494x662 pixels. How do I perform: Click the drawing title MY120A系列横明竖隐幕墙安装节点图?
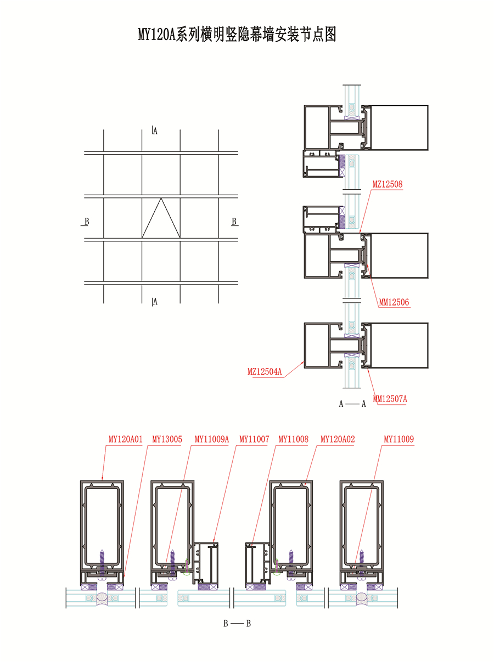pyautogui.click(x=237, y=34)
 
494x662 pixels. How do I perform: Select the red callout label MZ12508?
pyautogui.click(x=387, y=184)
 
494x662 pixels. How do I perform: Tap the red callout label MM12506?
pyautogui.click(x=394, y=302)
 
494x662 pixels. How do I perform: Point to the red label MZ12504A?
pyautogui.click(x=265, y=371)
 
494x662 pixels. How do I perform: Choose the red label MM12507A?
pyautogui.click(x=390, y=399)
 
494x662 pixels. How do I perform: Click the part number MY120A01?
pyautogui.click(x=125, y=439)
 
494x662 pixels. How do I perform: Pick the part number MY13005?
pyautogui.click(x=167, y=439)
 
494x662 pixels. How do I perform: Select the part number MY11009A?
pyautogui.click(x=211, y=439)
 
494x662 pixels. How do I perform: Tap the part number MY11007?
pyautogui.click(x=254, y=439)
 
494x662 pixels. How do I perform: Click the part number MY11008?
pyautogui.click(x=293, y=439)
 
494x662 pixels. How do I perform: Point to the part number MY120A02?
pyautogui.click(x=338, y=439)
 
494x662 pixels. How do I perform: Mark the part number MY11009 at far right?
pyautogui.click(x=398, y=439)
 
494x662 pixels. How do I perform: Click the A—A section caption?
pyautogui.click(x=352, y=404)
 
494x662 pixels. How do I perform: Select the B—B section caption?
pyautogui.click(x=237, y=624)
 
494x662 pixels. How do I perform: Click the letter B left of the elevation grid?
pyautogui.click(x=87, y=222)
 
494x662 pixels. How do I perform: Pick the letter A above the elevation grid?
pyautogui.click(x=155, y=131)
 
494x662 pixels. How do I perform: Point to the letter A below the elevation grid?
pyautogui.click(x=155, y=302)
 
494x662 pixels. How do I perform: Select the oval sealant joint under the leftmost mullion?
pyautogui.click(x=102, y=597)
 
